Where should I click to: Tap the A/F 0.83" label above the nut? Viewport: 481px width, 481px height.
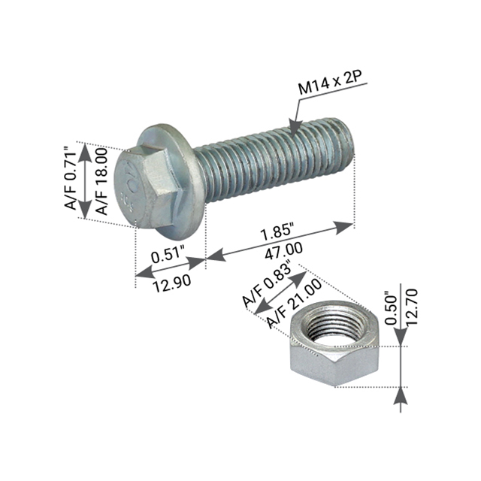pyautogui.click(x=267, y=287)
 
